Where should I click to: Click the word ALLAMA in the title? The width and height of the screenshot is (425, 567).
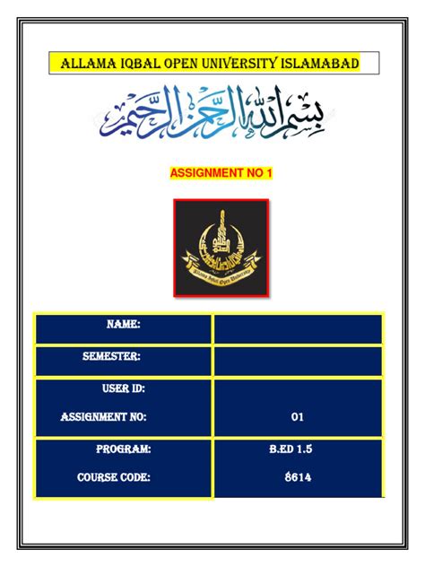tap(86, 64)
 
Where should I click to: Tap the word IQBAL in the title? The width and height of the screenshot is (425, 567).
tap(136, 64)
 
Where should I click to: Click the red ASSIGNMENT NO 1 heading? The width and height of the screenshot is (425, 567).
tap(220, 171)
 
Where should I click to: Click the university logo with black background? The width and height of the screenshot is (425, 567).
tap(221, 248)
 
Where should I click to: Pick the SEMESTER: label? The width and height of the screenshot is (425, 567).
tap(111, 357)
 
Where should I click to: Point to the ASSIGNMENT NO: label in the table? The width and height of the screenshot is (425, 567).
tap(103, 417)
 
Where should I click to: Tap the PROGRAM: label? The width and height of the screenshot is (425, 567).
tap(123, 449)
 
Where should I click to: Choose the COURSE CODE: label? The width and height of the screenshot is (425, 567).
tap(113, 478)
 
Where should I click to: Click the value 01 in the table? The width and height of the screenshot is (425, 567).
tap(298, 417)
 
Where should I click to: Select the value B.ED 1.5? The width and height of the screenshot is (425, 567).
tap(298, 449)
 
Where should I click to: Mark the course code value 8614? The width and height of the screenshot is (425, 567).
tap(298, 478)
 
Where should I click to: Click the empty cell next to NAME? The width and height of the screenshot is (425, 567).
tap(298, 328)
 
